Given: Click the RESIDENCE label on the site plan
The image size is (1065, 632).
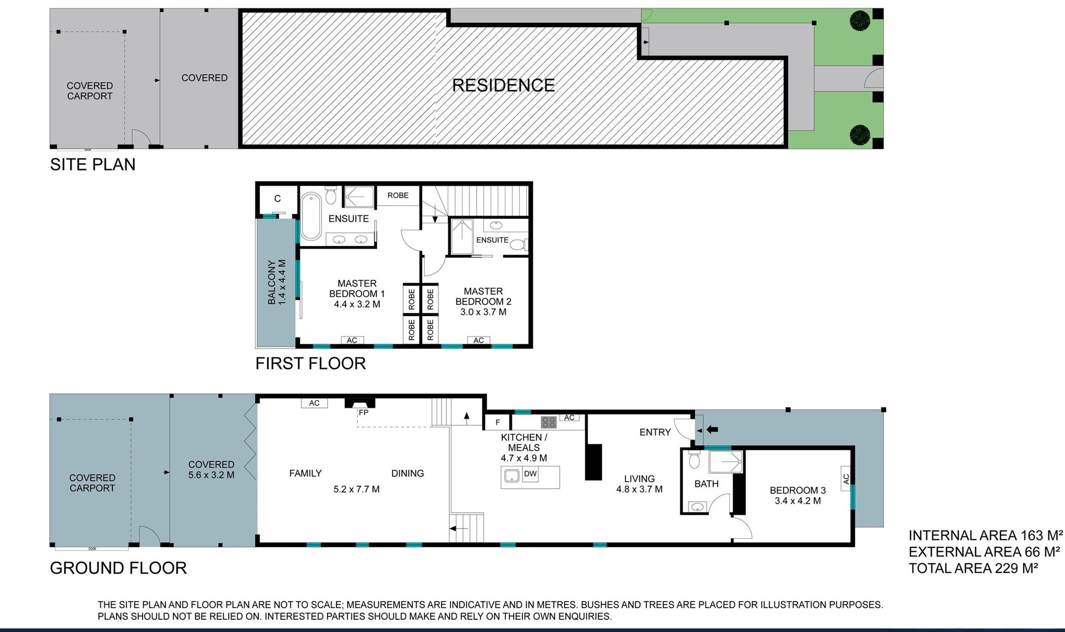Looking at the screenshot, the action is point(503,85).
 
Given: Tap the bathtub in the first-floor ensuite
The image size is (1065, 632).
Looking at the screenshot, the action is point(310,216).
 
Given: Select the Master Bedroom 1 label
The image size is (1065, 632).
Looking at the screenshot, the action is point(357,288).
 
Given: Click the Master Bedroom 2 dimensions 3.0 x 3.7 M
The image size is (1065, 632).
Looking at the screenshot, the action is point(484,312).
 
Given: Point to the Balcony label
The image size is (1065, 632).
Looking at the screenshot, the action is point(272,282).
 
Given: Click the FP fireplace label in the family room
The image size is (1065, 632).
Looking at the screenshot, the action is point(364,412).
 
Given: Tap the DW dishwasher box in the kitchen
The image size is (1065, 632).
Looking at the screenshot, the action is point(530,474).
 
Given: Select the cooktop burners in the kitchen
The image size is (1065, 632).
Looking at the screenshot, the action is point(548,423).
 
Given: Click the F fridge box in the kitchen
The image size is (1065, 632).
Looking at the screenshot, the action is point(498,423).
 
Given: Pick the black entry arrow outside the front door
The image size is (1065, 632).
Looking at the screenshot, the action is point(712,430).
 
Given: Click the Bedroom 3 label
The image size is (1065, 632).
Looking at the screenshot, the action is point(798,490).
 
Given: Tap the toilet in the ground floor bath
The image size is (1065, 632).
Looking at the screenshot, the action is point(694,460).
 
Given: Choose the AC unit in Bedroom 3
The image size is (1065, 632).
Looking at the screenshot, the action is point(846,479).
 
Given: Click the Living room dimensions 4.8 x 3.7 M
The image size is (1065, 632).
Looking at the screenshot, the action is point(640,489).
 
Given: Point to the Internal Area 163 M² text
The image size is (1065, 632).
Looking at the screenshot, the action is point(986,535).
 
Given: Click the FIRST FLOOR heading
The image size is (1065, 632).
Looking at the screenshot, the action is point(310,363).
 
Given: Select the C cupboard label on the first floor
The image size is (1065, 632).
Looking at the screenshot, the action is point(277,199).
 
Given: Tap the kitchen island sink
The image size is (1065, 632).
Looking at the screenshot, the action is point(512,475).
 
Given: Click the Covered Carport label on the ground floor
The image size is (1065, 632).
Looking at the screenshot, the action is point(92,483).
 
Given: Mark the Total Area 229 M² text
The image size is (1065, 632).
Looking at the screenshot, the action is point(973,568).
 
